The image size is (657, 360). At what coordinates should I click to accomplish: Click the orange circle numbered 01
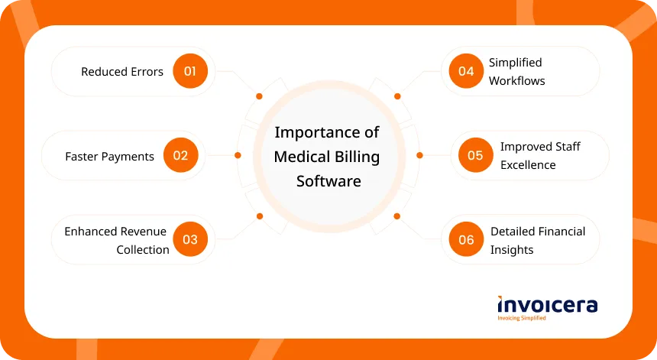pos(190,71)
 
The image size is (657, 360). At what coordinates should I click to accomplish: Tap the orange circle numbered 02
pos(180,155)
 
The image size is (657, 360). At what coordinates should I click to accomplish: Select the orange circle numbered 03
pos(190,239)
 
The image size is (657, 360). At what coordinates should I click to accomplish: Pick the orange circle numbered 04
pos(466,71)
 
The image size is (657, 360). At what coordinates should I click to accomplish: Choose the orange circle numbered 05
pos(476,155)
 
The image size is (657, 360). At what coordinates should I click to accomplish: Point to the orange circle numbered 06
pos(466,239)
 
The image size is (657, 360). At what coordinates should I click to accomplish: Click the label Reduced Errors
pos(122,72)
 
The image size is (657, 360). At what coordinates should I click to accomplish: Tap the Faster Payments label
pos(109,157)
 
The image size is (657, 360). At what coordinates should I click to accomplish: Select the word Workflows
pos(516,81)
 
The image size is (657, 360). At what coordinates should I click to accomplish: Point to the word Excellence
pos(528,165)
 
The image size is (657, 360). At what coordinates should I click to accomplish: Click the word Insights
pos(512,250)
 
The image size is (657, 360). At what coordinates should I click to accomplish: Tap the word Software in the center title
pos(328,181)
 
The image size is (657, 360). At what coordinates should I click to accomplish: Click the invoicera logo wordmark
pos(548,305)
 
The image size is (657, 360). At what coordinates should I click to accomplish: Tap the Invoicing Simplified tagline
pos(522,318)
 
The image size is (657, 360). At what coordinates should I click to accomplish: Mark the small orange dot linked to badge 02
pos(238,155)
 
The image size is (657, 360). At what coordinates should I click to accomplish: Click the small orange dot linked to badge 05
pos(419,155)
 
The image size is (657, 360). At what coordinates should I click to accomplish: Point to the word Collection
pos(143,250)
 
